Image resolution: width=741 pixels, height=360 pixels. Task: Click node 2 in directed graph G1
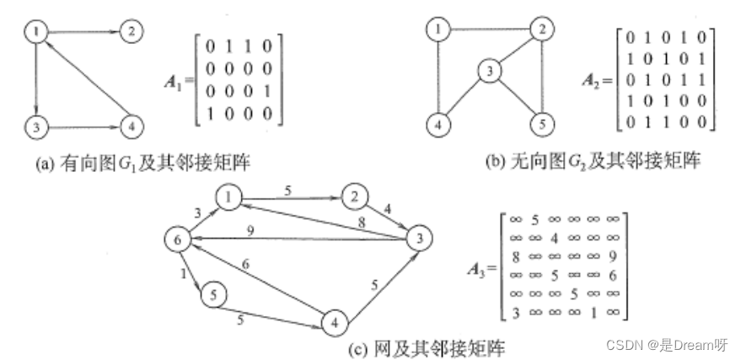pyautogui.click(x=130, y=32)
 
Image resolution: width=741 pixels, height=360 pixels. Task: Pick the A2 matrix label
pyautogui.click(x=596, y=80)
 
